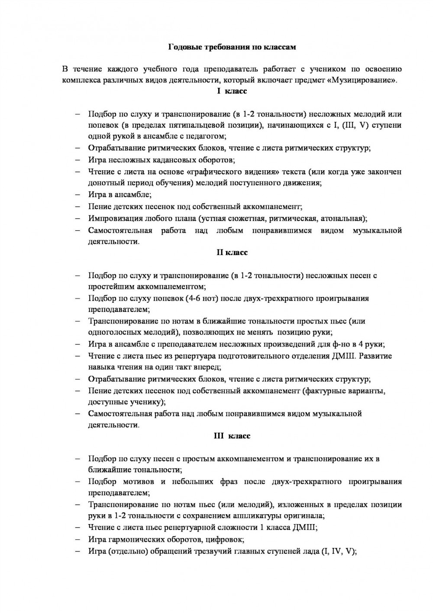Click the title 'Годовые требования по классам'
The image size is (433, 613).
(232, 47)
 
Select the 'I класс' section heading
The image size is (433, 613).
(232, 91)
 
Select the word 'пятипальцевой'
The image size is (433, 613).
(203, 126)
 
